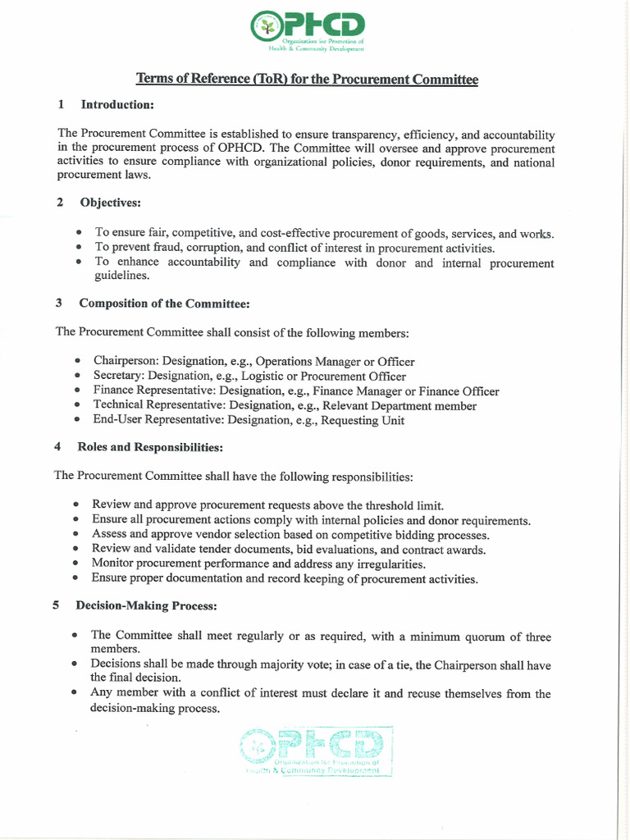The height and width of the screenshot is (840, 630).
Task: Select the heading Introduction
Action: tap(117, 105)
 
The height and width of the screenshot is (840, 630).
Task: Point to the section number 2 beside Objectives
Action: tap(60, 202)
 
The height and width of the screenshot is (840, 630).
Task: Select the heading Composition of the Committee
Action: tap(164, 304)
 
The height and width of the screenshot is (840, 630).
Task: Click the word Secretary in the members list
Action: tap(118, 376)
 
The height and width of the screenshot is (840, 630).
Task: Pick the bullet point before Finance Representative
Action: tap(76, 391)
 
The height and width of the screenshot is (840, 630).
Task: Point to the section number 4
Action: tap(57, 447)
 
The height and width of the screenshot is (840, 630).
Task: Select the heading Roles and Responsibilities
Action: tap(150, 447)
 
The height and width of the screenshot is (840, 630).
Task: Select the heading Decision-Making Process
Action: tap(146, 606)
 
